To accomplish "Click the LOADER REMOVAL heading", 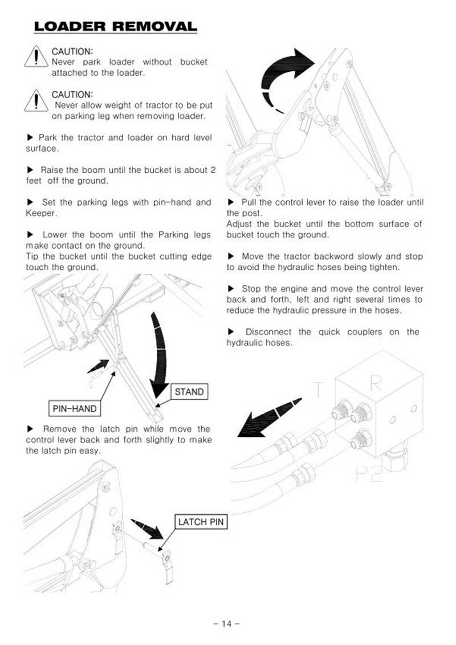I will (x=115, y=26).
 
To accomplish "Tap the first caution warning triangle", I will (x=36, y=58).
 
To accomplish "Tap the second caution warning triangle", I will (x=36, y=101).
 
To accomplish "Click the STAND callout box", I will (x=189, y=392).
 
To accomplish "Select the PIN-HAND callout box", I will (x=74, y=409).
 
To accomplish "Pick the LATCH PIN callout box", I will (x=201, y=522).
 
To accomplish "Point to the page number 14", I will (x=227, y=623).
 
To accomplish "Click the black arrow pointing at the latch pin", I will (x=148, y=528).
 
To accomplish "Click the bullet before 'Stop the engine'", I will (x=231, y=289).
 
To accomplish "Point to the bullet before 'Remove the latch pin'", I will (x=30, y=429).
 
